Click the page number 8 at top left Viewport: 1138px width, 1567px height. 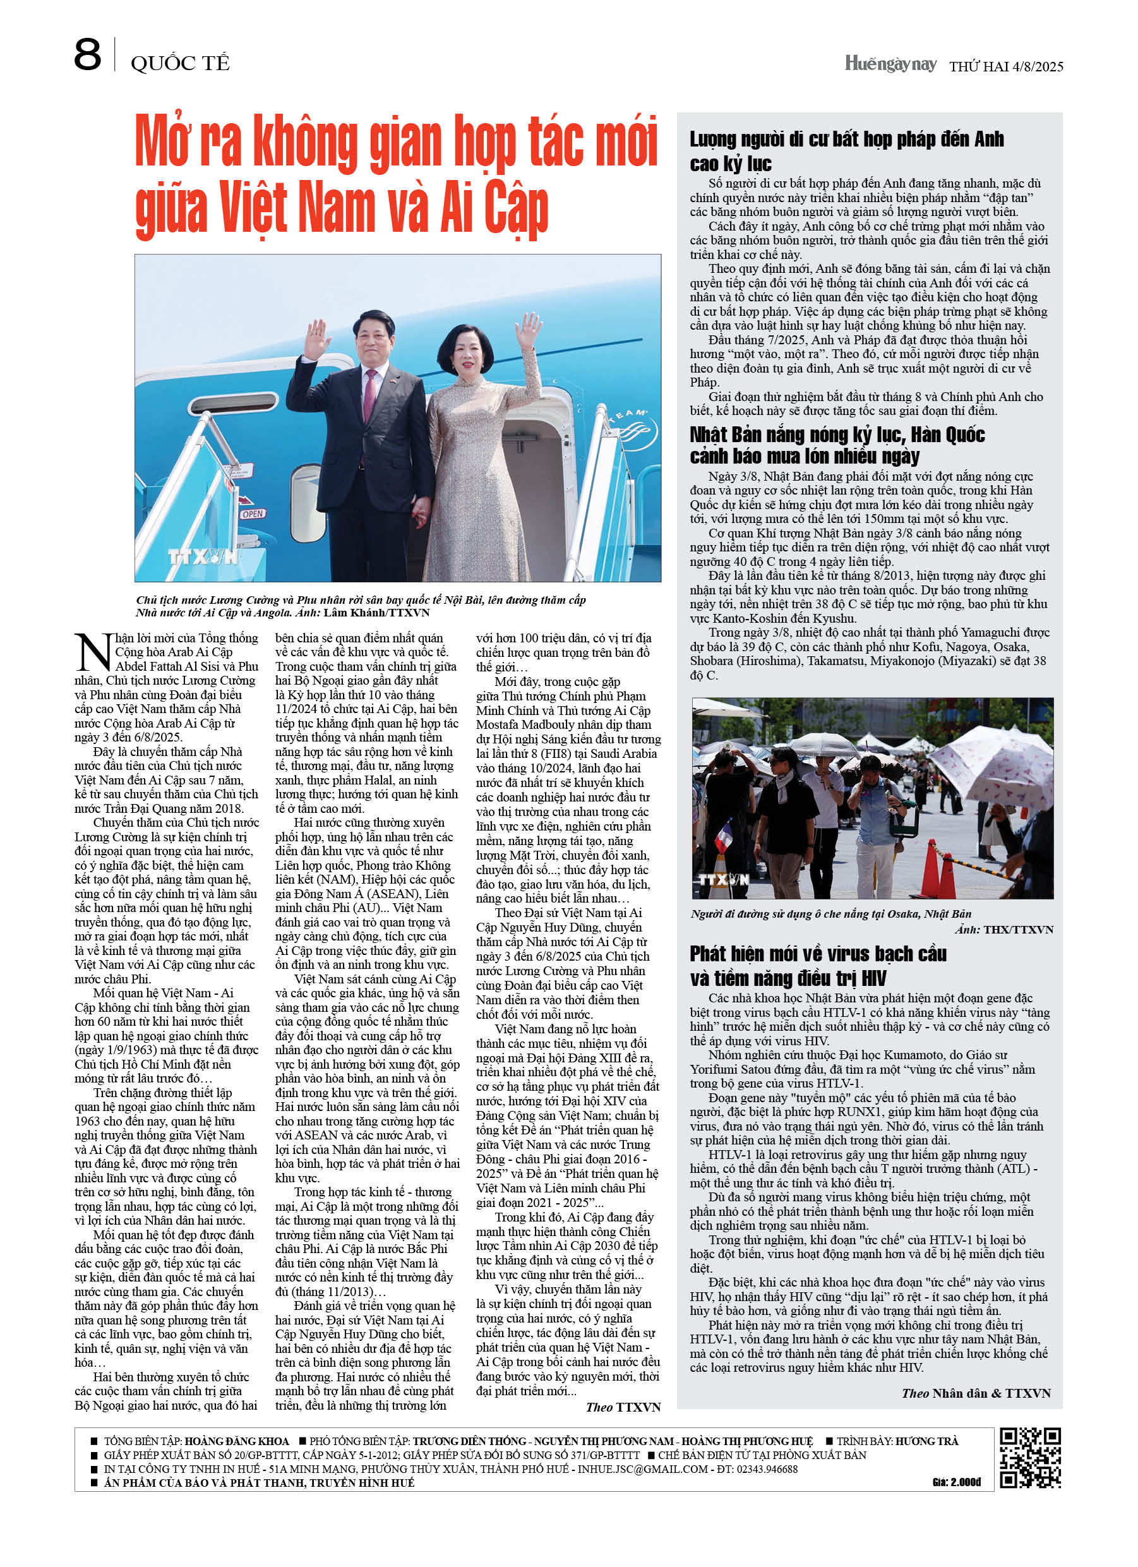[x=87, y=56]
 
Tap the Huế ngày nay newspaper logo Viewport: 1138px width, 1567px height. [x=890, y=64]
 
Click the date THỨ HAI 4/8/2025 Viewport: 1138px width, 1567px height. [x=1005, y=66]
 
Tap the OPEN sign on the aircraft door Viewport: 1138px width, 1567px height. [x=252, y=513]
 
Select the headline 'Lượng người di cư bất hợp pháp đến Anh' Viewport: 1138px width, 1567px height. [x=846, y=140]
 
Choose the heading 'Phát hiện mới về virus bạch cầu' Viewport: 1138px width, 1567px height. [x=817, y=954]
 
